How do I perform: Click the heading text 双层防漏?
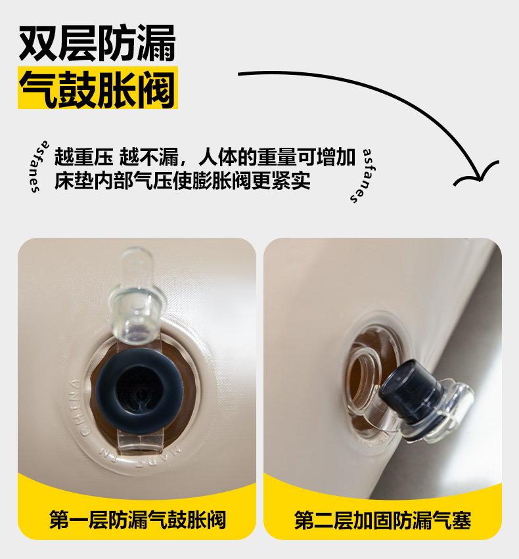pos(97,43)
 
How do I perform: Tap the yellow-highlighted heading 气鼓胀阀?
pos(98,89)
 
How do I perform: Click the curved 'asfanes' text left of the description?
pos(39,167)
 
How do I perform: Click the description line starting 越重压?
pos(205,157)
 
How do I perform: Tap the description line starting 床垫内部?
pos(182,181)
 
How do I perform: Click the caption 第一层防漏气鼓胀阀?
pos(137,520)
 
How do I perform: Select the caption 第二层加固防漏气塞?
pos(382,520)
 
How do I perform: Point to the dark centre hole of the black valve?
pos(140,391)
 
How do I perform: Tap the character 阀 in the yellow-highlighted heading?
pos(157,89)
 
